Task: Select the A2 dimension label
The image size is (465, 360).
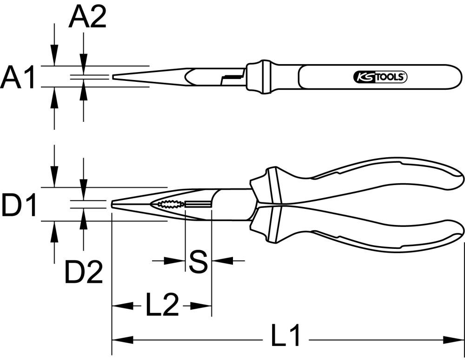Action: click(x=87, y=18)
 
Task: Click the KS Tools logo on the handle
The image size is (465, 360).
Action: click(x=380, y=77)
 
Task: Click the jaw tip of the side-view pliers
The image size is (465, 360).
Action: click(x=113, y=204)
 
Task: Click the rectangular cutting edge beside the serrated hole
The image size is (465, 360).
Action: click(x=198, y=204)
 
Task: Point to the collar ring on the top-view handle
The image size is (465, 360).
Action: click(x=263, y=77)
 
